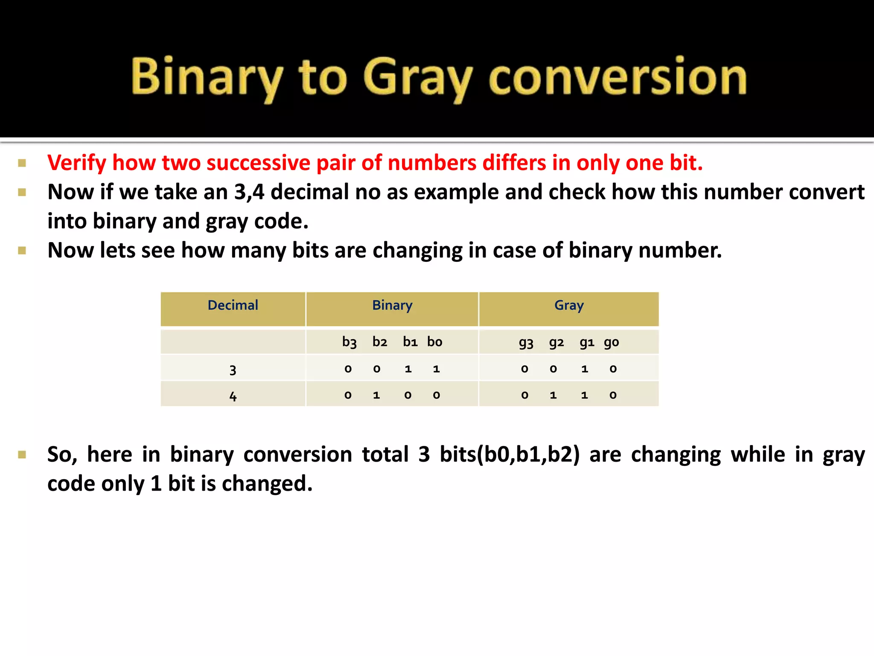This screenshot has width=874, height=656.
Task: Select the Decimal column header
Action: point(233,305)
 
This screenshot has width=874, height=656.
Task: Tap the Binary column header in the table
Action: point(392,305)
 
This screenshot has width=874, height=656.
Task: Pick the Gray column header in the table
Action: point(569,305)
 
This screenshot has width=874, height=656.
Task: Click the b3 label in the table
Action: point(349,342)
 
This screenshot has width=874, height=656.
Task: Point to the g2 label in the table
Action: point(556,342)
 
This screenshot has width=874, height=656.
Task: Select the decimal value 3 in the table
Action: point(233,369)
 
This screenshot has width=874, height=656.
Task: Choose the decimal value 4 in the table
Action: point(233,396)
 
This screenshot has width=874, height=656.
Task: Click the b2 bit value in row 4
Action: point(376,395)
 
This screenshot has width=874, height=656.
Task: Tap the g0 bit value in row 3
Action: point(613,369)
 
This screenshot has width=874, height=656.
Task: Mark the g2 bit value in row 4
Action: point(553,395)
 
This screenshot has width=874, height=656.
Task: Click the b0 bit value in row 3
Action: point(436,369)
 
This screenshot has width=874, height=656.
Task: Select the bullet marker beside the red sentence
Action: point(22,163)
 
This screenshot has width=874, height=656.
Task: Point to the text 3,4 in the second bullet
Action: point(249,192)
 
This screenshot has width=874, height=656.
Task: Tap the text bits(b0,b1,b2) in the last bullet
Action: point(510,454)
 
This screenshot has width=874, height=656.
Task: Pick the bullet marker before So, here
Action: point(22,454)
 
